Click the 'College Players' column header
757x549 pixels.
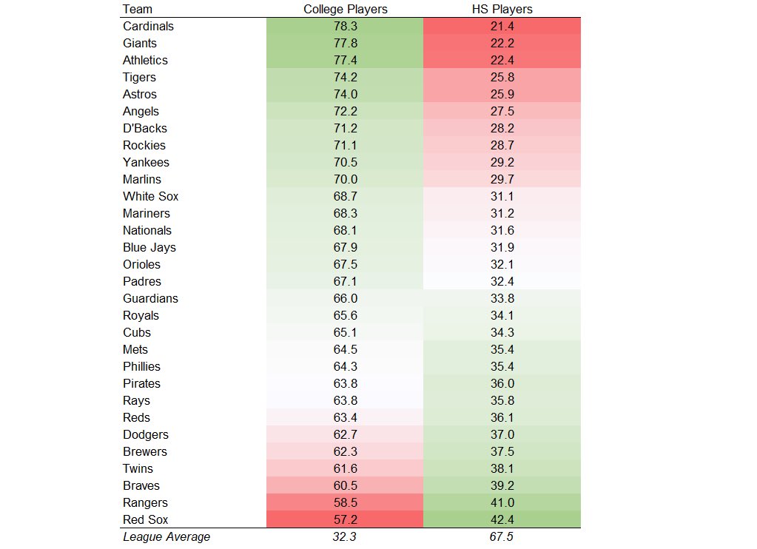[346, 9]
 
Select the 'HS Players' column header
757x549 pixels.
[501, 9]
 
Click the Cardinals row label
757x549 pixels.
[148, 26]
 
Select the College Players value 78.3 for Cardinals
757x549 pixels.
[346, 26]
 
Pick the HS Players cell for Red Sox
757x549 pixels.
[501, 519]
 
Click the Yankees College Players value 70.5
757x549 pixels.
[346, 162]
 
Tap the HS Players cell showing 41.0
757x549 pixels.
[501, 502]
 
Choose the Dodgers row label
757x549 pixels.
[145, 434]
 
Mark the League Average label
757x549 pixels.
[166, 536]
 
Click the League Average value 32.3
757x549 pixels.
[346, 536]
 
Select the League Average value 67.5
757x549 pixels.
[501, 536]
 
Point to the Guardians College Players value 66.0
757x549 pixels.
[346, 298]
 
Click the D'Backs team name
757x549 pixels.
[144, 128]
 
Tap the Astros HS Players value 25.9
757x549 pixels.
[501, 94]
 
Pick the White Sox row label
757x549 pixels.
[150, 196]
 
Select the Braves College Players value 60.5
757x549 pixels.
[346, 485]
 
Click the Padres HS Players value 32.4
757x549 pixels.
[501, 281]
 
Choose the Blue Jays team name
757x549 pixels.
[149, 247]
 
